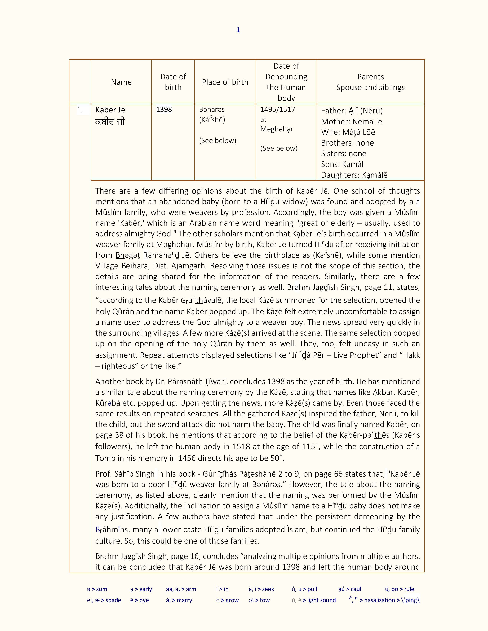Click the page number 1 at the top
tap(238, 30)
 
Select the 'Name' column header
tap(121, 82)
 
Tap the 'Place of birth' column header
tap(225, 82)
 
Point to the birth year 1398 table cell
tap(164, 110)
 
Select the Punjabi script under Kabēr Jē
tap(110, 122)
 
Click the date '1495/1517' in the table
tap(277, 110)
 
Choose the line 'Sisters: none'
tap(344, 154)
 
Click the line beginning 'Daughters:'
tap(354, 175)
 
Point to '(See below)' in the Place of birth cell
tap(217, 141)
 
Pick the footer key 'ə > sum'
tap(97, 589)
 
